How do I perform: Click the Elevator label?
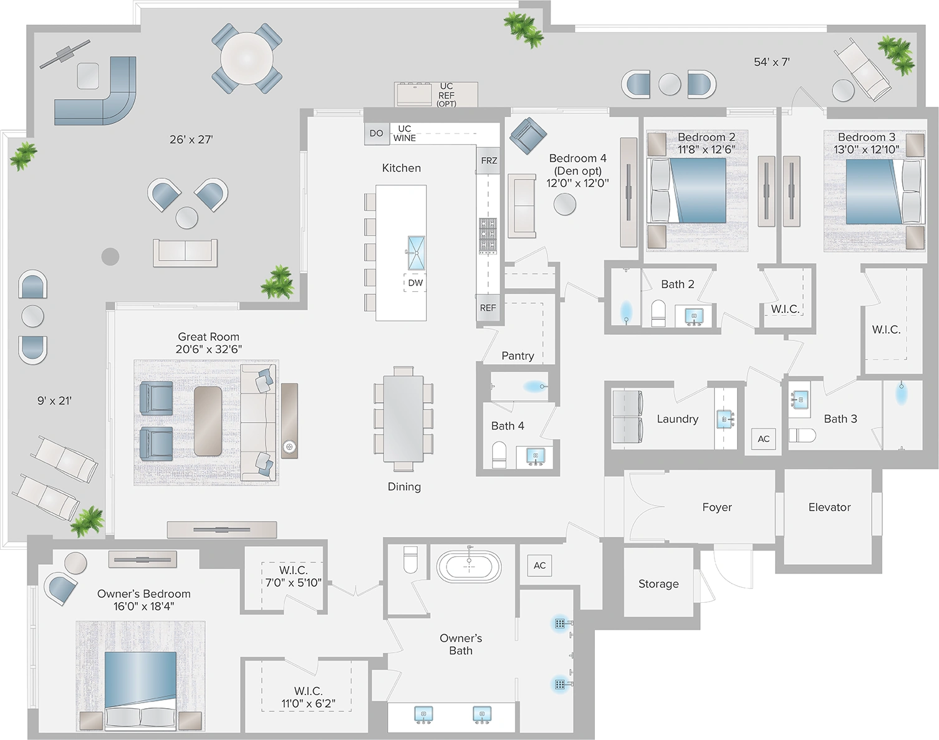829,507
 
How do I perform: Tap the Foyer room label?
716,507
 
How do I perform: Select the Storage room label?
658,584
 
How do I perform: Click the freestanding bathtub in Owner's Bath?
469,565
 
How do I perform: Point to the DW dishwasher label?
415,282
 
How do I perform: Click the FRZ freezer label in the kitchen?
489,161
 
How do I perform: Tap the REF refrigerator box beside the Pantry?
488,308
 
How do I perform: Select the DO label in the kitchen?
376,133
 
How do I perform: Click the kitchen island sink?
416,252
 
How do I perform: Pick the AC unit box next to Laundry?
764,439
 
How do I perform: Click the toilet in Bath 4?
500,454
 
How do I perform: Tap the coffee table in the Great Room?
208,421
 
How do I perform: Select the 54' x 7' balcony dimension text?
772,62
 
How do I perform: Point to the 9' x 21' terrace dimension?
54,401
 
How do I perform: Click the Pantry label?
518,356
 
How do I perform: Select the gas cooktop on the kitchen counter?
488,236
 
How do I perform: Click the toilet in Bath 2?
658,312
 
